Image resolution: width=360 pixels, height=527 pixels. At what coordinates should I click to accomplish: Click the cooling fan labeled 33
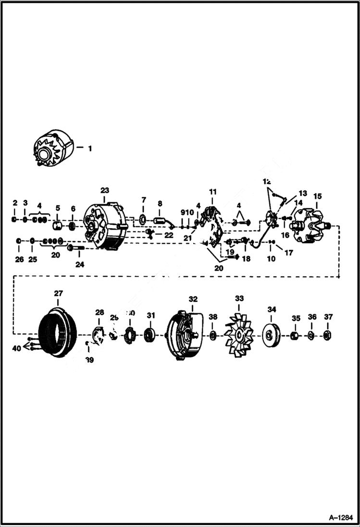coord(239,334)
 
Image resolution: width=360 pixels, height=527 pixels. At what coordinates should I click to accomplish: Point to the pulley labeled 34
coord(272,334)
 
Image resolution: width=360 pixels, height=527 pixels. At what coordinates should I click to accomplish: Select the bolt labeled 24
coord(76,248)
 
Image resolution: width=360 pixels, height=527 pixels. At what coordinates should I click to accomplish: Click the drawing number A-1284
coord(339,518)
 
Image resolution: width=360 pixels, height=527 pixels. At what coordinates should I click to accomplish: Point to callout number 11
coord(212,192)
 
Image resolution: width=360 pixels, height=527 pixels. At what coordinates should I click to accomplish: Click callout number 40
coord(16,349)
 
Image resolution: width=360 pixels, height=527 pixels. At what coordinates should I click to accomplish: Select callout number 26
coord(19,260)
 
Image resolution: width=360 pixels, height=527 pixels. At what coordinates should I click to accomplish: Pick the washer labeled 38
coord(213,334)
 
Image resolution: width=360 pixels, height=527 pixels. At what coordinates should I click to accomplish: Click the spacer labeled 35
coord(296,334)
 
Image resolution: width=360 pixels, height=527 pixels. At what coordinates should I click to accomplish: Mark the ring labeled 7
coord(143,220)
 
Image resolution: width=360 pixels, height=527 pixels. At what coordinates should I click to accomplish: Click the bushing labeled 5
coord(57,225)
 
